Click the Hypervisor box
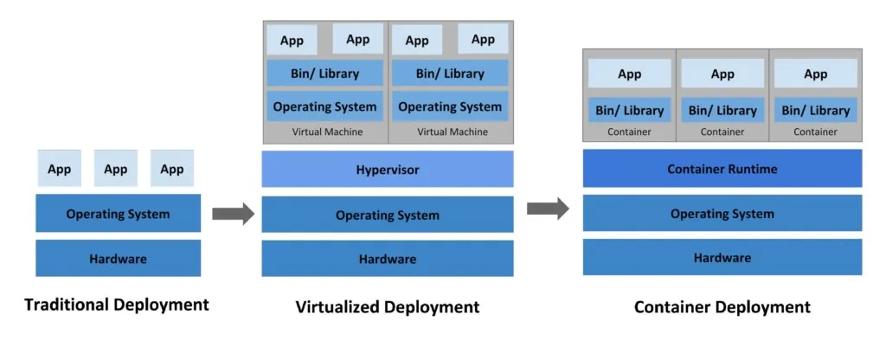387,170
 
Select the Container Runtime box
722,169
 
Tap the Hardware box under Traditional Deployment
118,258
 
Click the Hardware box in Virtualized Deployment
387,259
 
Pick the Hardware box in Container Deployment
722,257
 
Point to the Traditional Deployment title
117,305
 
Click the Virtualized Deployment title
387,307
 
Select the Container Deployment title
722,307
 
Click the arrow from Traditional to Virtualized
233,214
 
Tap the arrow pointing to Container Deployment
548,208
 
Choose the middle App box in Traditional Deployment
116,169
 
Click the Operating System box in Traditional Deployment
118,213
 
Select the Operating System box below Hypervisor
387,215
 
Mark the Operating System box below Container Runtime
722,213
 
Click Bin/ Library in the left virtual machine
324,74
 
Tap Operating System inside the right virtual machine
450,107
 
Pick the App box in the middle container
722,74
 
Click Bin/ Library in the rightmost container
815,110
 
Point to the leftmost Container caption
629,132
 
